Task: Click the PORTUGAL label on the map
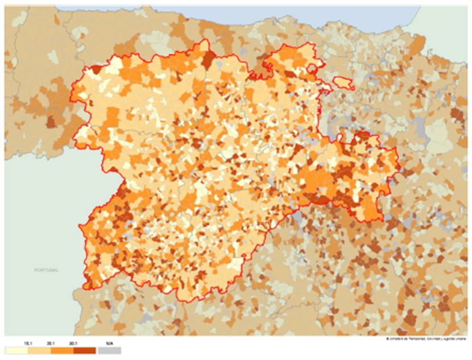tap(46, 270)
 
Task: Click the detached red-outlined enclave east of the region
tap(343, 83)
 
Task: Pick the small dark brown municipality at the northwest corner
tap(95, 69)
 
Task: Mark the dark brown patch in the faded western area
tap(51, 122)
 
